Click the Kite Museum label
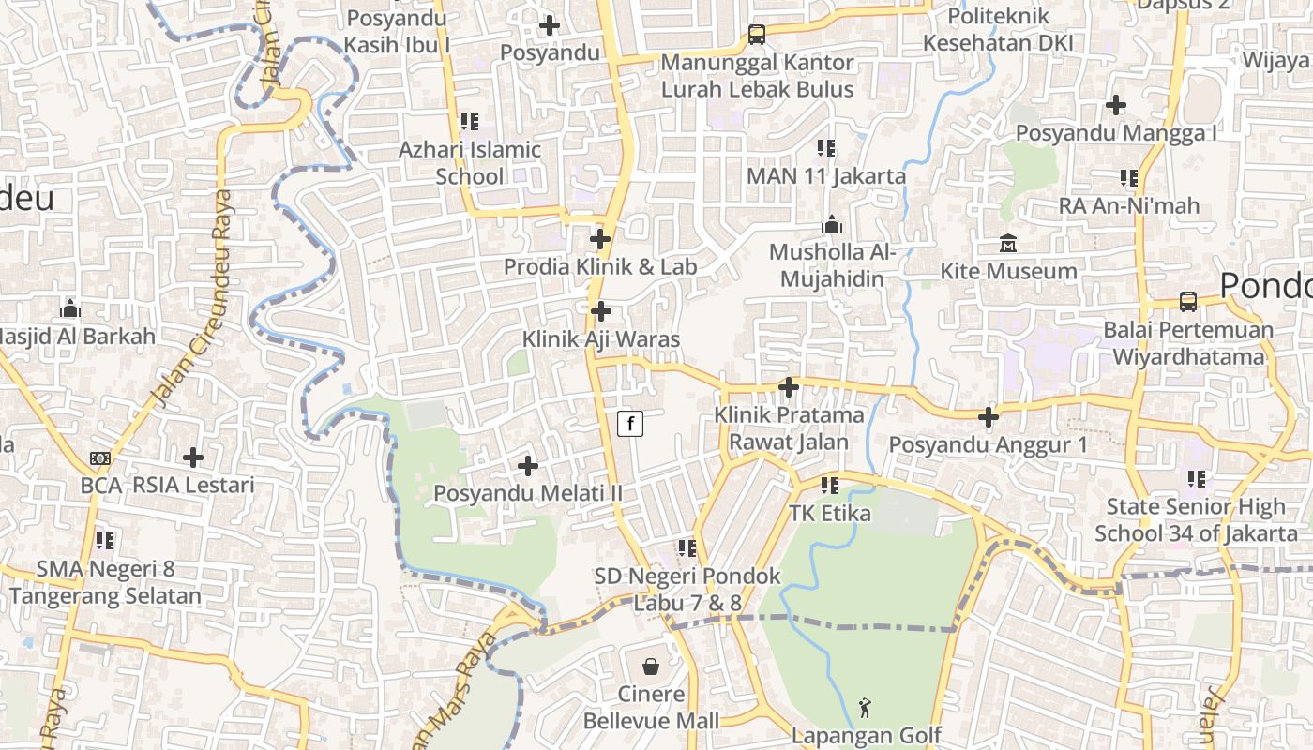(x=1008, y=272)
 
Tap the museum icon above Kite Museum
(x=1008, y=244)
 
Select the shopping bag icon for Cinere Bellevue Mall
(x=651, y=667)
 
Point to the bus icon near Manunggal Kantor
(x=757, y=35)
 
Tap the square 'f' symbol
(x=630, y=424)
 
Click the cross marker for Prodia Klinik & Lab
(x=600, y=239)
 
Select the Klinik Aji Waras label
(x=600, y=339)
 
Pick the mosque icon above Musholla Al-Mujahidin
(x=832, y=225)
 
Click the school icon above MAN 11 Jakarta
(x=826, y=148)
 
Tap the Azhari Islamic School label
(x=470, y=163)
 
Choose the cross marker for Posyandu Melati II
(x=528, y=465)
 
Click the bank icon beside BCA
(x=99, y=458)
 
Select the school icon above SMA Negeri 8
(x=105, y=541)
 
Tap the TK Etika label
(x=829, y=514)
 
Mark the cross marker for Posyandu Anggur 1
(x=989, y=417)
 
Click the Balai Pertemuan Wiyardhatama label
(x=1188, y=343)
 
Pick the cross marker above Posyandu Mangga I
(x=1116, y=105)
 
